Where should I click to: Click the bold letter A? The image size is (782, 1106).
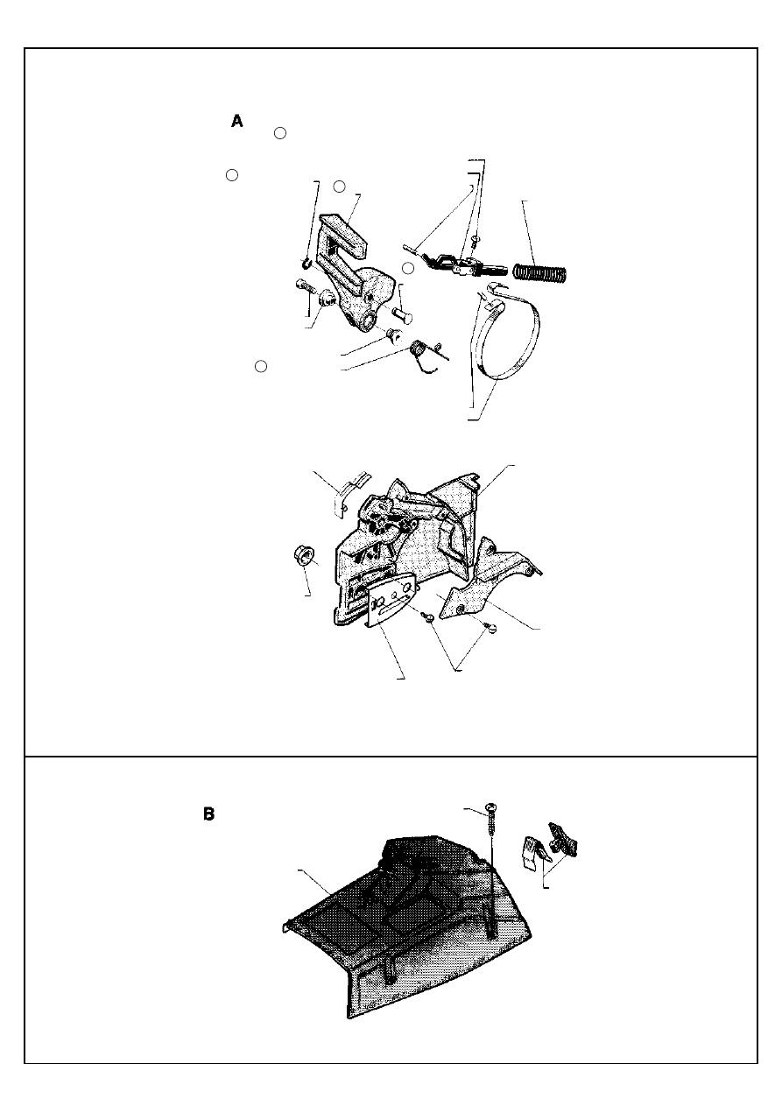[x=237, y=121]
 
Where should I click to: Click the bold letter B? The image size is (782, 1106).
[x=208, y=814]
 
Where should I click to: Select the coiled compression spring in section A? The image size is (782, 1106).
[x=540, y=271]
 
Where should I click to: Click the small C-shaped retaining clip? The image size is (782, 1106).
[x=306, y=264]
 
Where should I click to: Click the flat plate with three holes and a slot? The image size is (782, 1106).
[x=392, y=602]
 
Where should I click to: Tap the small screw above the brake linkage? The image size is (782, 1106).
[x=476, y=242]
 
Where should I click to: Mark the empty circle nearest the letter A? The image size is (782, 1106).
[x=280, y=133]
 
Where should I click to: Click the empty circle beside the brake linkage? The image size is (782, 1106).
[x=408, y=268]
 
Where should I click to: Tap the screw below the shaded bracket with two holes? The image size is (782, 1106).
[x=489, y=628]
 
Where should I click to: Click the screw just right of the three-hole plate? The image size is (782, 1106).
[x=427, y=616]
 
